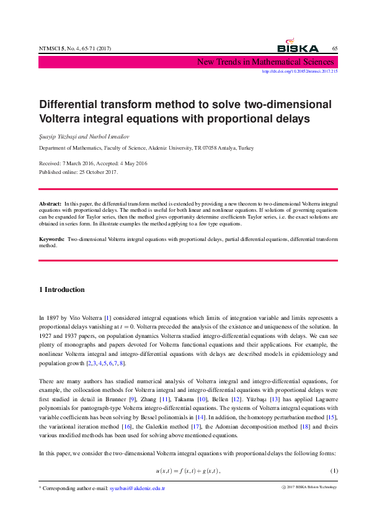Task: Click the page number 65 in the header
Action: point(334,49)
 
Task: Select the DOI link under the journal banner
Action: point(300,71)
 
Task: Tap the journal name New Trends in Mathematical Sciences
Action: point(265,61)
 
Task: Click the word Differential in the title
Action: point(71,104)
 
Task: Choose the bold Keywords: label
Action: point(52,239)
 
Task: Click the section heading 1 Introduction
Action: point(62,289)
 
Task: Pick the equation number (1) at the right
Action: point(334,471)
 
